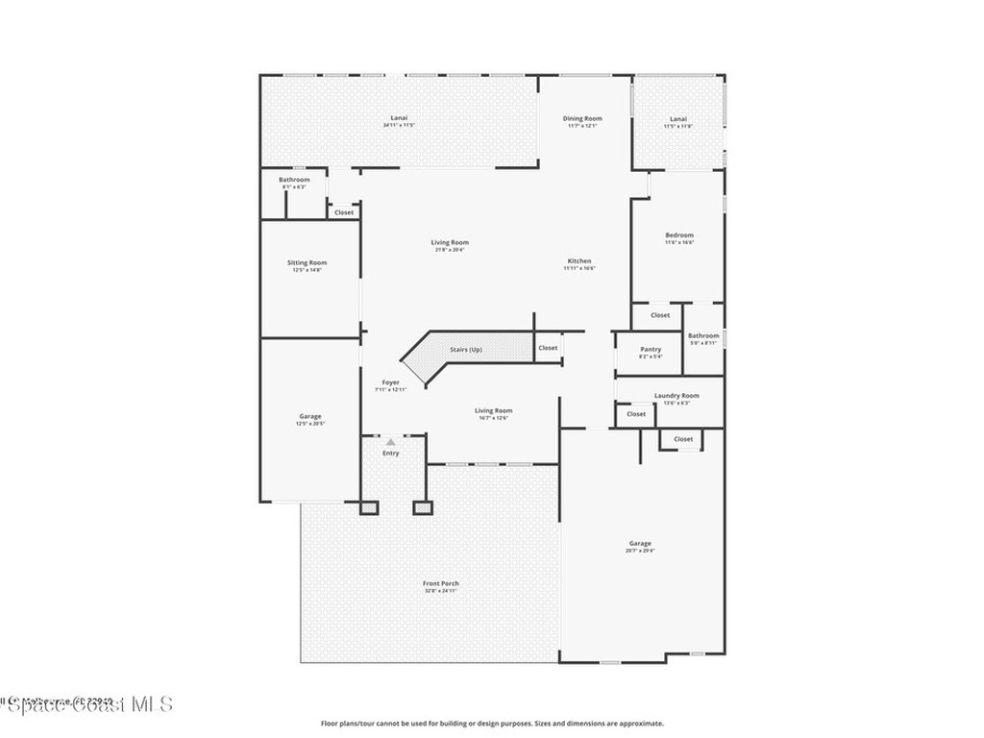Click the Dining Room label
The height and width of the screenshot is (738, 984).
(x=582, y=119)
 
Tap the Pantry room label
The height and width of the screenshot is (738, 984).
(x=651, y=350)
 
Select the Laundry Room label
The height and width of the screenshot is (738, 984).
(x=676, y=396)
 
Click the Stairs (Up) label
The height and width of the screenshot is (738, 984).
(x=466, y=349)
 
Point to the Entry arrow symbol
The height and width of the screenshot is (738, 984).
(x=390, y=442)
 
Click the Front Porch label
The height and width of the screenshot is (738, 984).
(x=441, y=584)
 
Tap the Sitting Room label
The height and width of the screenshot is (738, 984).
(x=307, y=263)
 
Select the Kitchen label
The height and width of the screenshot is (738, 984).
(x=579, y=261)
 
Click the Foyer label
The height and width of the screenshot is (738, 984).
(x=390, y=382)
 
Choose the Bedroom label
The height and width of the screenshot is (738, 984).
(x=679, y=235)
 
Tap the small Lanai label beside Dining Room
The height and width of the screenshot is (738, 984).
(x=679, y=119)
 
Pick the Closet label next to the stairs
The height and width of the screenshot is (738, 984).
(x=548, y=348)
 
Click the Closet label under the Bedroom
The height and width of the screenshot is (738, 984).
(x=660, y=315)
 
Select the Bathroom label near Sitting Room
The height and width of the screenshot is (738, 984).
(x=294, y=181)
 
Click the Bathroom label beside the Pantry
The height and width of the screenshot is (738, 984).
(x=703, y=336)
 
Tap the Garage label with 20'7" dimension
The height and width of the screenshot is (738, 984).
(x=640, y=544)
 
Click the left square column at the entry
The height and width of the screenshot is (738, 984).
(x=369, y=507)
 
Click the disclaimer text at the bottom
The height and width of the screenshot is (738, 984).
(x=491, y=724)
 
